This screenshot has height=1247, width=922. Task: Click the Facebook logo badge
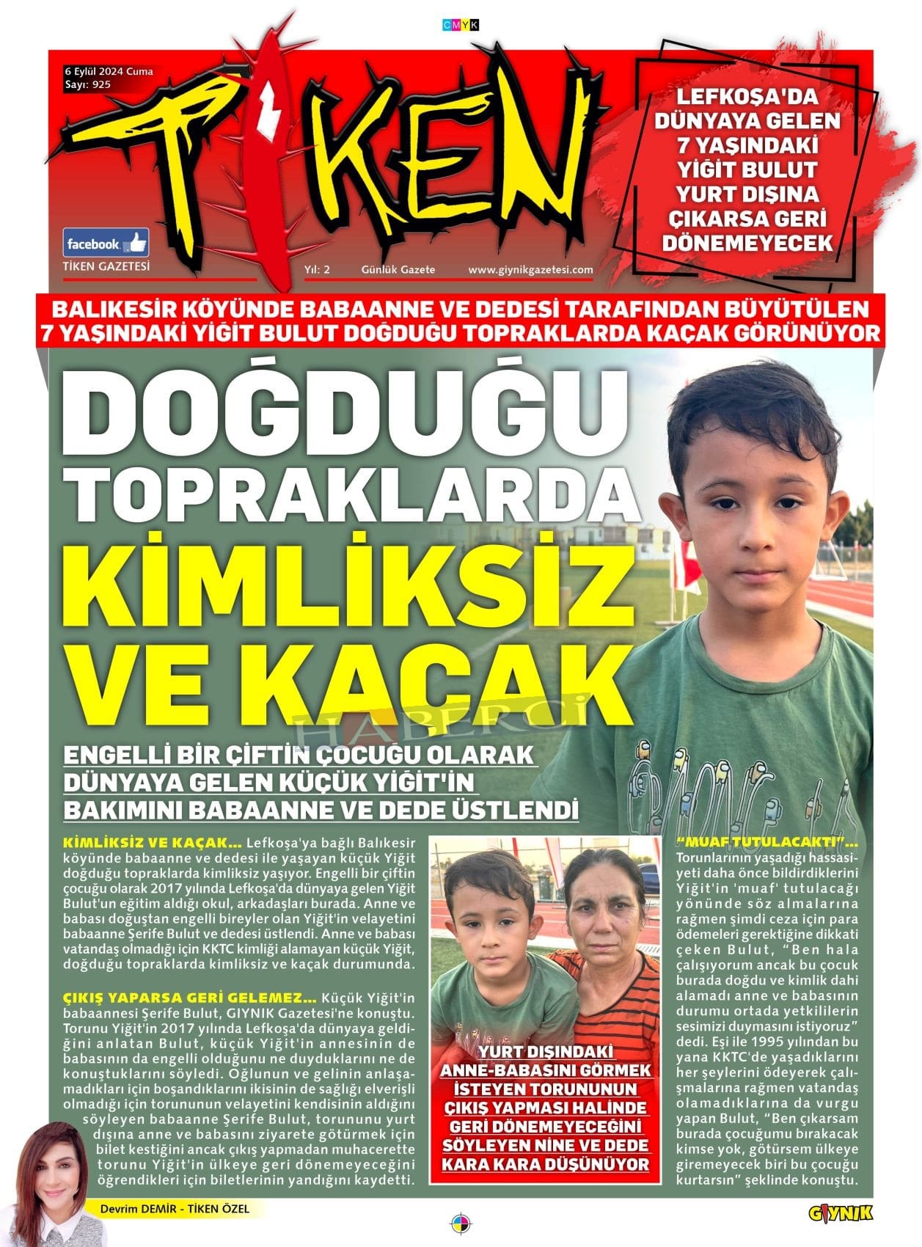click(106, 243)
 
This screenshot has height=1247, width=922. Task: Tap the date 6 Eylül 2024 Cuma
click(109, 71)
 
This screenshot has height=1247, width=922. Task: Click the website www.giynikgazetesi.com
click(530, 269)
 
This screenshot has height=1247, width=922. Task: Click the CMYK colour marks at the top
click(461, 25)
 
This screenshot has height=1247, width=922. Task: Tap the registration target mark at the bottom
click(461, 1224)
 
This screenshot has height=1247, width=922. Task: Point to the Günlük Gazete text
click(398, 269)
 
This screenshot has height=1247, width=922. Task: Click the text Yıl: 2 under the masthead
click(317, 269)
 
